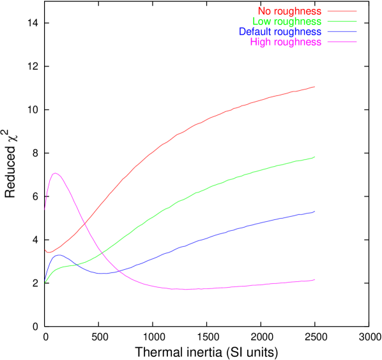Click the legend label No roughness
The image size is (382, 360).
pos(289,12)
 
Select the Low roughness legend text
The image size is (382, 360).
pos(287,22)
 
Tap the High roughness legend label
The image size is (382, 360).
pos(286,42)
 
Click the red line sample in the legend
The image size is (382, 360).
pos(342,12)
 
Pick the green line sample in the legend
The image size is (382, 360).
pos(342,22)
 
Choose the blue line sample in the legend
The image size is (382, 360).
pos(342,32)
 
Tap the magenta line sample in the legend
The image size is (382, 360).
pos(342,42)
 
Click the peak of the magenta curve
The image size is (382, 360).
pos(56,173)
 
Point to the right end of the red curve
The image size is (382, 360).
pos(315,86)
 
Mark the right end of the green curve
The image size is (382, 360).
pos(315,157)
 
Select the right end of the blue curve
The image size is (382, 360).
pos(315,211)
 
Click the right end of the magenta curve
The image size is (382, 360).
pos(315,279)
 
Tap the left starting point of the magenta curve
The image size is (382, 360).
pos(45,208)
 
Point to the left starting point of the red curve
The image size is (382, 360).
pos(45,250)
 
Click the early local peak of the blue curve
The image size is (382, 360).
pos(59,254)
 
